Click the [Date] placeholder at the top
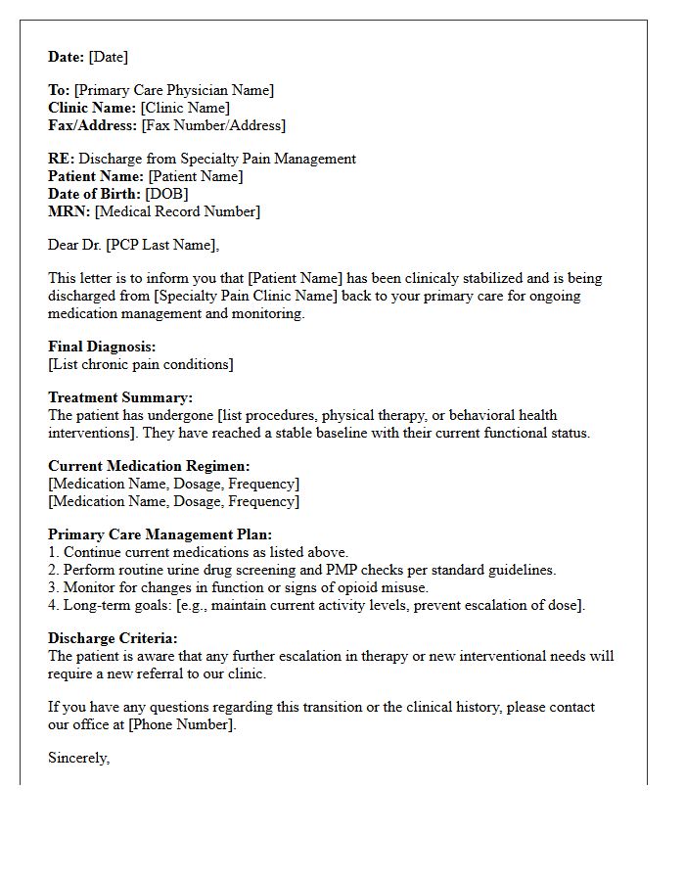108,57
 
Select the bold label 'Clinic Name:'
92,108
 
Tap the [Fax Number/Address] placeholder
213,125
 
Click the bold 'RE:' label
61,159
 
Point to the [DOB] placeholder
167,194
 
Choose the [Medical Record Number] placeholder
177,211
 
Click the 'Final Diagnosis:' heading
102,347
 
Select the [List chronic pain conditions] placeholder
141,364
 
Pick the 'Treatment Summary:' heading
120,397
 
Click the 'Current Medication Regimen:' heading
149,466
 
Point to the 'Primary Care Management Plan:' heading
160,534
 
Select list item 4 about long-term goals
316,605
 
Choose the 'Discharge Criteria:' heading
113,638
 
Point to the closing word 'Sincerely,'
79,758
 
